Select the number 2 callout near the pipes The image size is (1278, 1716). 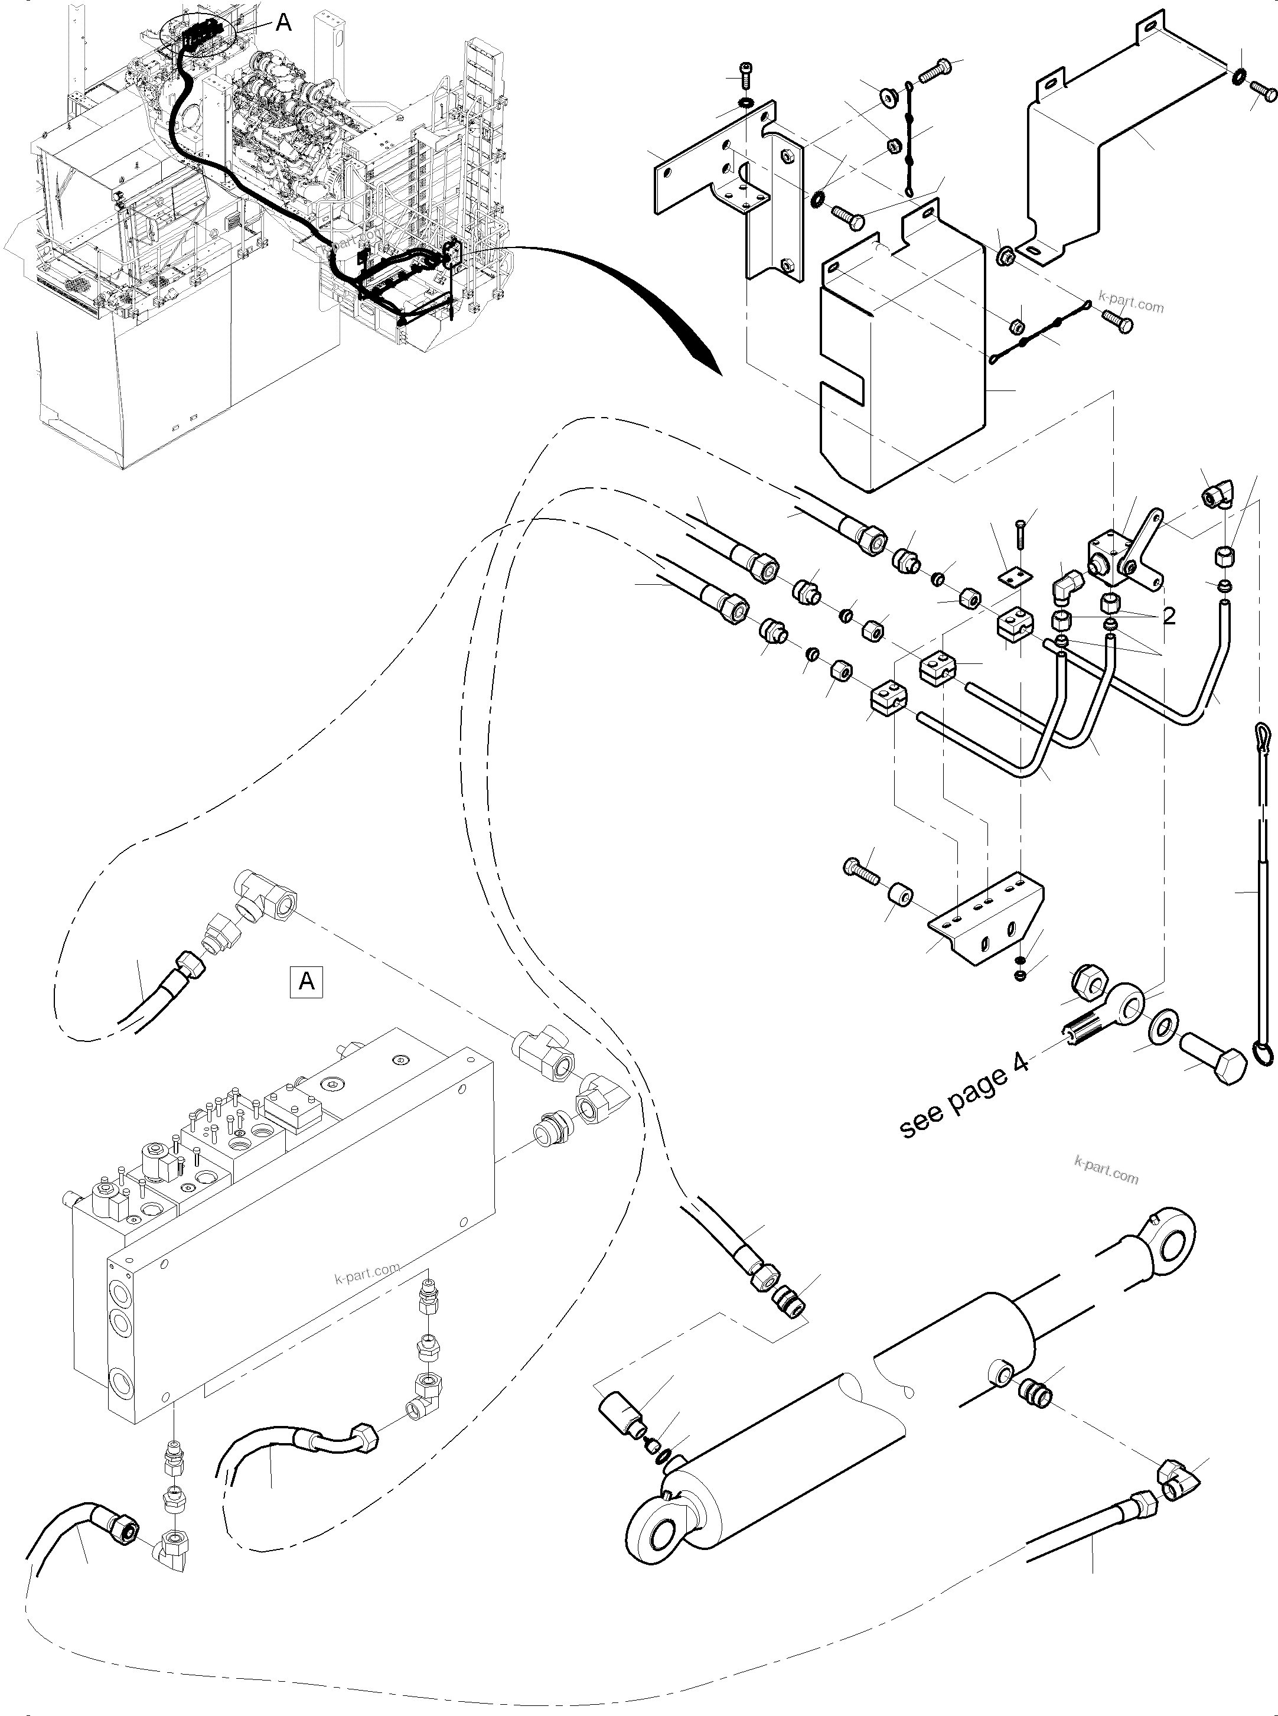point(1169,616)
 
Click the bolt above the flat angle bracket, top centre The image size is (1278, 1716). point(746,74)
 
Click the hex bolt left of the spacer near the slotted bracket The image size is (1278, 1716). point(861,870)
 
